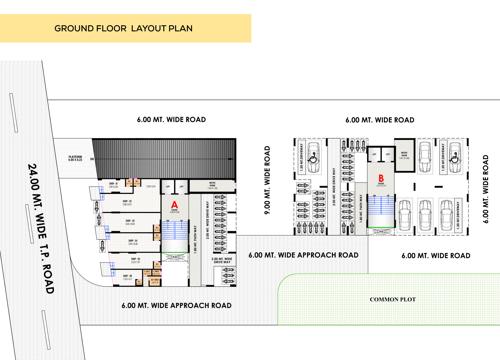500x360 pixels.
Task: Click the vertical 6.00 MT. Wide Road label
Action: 487,186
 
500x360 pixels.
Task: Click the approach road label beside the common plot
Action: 303,255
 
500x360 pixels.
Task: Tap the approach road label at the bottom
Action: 176,304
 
